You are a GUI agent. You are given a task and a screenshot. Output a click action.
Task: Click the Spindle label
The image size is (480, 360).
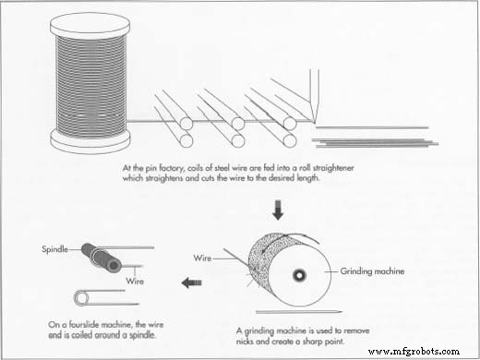point(54,249)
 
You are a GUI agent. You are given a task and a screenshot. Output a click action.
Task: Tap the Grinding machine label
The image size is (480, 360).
point(372,271)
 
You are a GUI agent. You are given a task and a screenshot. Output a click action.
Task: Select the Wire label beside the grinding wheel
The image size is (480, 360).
point(202,258)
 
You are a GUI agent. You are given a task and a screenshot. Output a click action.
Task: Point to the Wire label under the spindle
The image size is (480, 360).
point(135,281)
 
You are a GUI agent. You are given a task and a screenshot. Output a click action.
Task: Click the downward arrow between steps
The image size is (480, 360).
point(278,210)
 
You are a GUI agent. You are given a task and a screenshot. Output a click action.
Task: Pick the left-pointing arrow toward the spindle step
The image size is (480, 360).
point(191,282)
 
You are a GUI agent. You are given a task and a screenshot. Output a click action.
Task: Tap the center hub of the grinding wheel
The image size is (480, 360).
point(299,275)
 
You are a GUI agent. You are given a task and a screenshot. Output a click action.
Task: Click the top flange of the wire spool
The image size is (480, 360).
point(90,26)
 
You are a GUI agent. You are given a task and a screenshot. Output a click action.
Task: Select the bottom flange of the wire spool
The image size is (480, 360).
point(90,141)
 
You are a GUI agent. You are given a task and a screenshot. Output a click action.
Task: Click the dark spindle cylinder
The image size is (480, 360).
point(102,258)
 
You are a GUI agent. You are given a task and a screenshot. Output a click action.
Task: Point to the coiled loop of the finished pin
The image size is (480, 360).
point(81,298)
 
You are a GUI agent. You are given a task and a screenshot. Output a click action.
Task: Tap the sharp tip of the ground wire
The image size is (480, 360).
point(341,312)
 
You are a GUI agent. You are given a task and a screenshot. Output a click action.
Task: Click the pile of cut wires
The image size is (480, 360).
point(375,142)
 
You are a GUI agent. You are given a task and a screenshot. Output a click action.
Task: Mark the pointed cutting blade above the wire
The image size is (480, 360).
point(314,95)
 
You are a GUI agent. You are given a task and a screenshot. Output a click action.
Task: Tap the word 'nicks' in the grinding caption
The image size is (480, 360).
point(245,342)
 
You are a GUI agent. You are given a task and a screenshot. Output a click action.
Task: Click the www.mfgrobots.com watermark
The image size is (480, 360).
point(414,352)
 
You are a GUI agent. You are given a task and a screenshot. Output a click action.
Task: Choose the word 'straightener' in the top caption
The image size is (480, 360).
point(333,168)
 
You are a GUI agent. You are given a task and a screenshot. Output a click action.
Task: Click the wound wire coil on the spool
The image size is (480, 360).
point(90,86)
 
